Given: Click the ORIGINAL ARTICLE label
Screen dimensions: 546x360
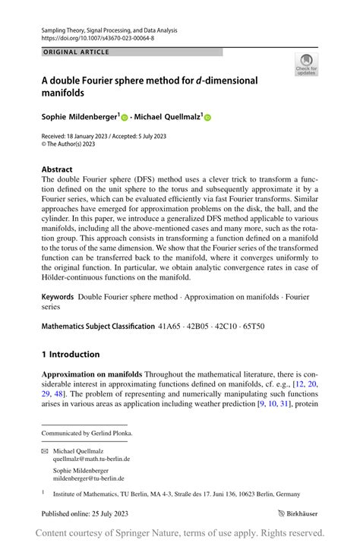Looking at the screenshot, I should coord(76,52).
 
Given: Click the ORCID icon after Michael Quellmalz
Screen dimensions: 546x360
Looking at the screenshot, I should coord(207,118).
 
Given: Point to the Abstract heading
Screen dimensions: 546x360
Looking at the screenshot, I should coord(57,169).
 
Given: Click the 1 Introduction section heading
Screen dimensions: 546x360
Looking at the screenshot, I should coord(71,354).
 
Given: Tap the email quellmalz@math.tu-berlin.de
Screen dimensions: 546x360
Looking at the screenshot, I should coord(91,459).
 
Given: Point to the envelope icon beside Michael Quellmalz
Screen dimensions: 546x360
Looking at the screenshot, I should coord(45,450).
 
